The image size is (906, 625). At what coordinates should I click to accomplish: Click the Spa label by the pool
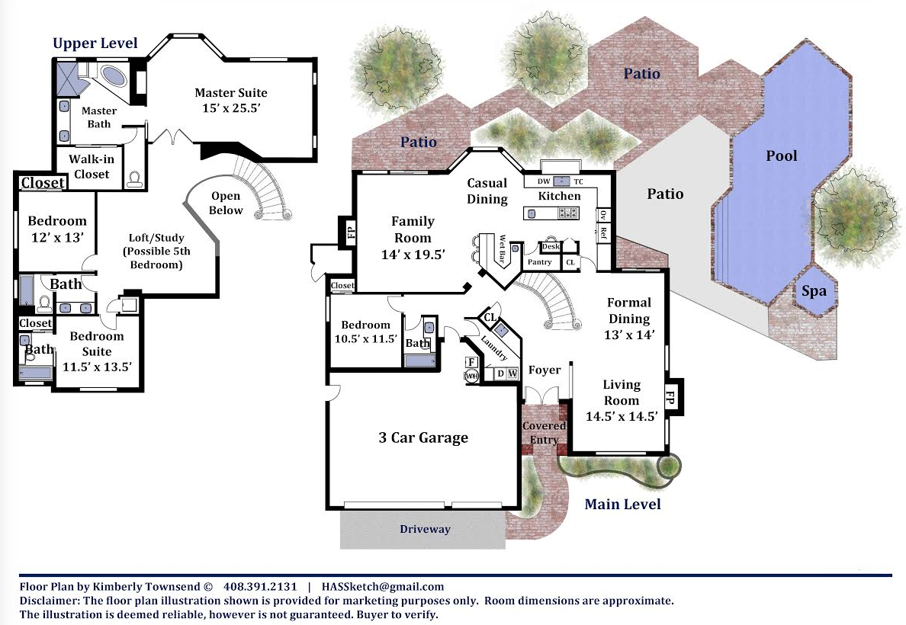pos(814,291)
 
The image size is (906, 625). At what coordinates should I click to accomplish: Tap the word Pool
pos(781,155)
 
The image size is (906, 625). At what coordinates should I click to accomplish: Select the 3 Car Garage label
pos(423,437)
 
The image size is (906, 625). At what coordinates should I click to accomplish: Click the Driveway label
pos(425,528)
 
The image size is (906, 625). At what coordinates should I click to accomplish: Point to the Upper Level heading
pos(95,43)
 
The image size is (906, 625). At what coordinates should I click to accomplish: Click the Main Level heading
pos(622,505)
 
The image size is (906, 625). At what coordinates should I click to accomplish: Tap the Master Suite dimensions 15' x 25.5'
pos(231,108)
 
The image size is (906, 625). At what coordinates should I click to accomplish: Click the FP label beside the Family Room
pos(352,232)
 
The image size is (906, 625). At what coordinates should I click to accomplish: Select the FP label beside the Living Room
pos(670,397)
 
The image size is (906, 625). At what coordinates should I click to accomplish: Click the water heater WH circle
pos(471,376)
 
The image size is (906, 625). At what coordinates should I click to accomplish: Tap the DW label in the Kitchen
pos(544,181)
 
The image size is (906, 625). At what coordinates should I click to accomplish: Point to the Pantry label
pos(540,262)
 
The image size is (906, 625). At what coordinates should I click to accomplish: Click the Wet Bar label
pos(502,249)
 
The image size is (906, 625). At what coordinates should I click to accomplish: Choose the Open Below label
pos(225,204)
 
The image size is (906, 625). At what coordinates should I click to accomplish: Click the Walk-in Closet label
pos(92,166)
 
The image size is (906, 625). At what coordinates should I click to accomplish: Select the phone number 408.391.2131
pos(260,587)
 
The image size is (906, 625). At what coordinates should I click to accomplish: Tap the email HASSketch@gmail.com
pos(383,587)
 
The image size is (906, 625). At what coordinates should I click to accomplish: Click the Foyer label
pos(545,370)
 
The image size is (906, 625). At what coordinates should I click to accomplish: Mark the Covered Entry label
pos(545,433)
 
